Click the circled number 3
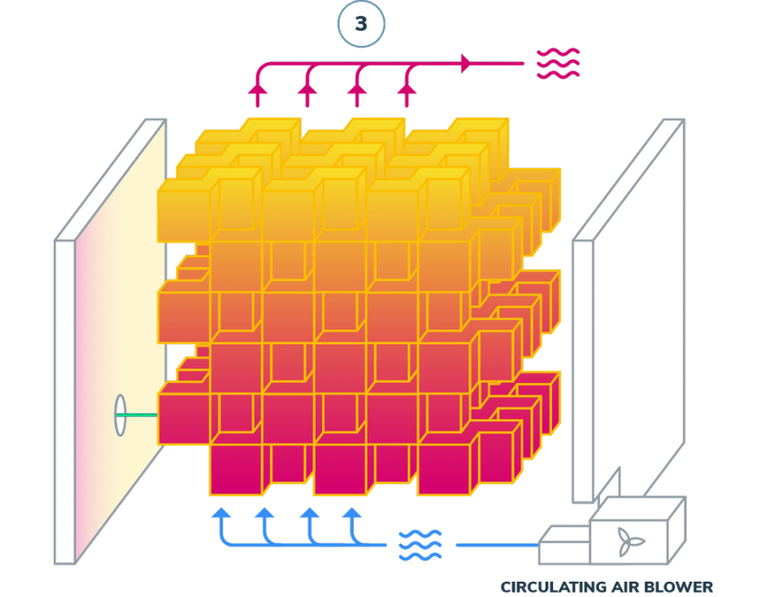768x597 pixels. [x=361, y=24]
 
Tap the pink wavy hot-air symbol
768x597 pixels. [x=558, y=64]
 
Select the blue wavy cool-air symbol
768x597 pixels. [x=420, y=545]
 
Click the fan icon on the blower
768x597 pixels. [x=630, y=542]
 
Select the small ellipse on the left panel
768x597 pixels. [x=120, y=415]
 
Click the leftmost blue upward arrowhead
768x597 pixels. [x=221, y=513]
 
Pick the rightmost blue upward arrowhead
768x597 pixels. [x=352, y=513]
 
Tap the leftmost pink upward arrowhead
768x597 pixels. [x=258, y=89]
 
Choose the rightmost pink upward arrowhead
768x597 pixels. [x=406, y=89]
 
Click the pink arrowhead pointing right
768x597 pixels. [x=467, y=63]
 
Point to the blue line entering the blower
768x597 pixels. [x=497, y=545]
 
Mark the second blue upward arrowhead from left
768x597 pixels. [x=265, y=513]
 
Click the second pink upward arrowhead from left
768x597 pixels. [x=307, y=89]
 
